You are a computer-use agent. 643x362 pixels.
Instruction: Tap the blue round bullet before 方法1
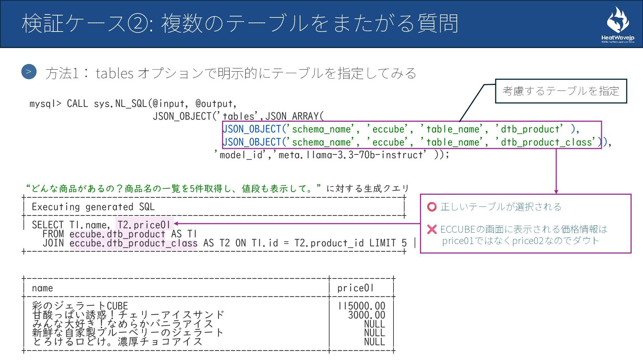(29, 72)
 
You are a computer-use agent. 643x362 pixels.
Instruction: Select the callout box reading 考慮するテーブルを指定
(561, 91)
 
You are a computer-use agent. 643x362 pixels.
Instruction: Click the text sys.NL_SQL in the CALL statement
(120, 104)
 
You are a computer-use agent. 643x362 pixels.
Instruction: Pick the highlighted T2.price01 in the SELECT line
(144, 225)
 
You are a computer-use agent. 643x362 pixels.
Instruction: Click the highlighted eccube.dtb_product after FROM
(117, 234)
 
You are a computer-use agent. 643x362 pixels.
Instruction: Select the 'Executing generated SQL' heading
(93, 207)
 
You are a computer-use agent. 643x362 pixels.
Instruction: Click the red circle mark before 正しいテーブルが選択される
(432, 207)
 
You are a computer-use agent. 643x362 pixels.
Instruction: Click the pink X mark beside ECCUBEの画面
(432, 229)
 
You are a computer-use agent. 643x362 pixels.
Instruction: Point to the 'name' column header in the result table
(43, 288)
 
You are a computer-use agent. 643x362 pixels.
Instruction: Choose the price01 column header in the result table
(355, 288)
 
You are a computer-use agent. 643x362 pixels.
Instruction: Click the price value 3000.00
(366, 315)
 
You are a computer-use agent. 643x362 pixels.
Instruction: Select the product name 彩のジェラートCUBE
(80, 306)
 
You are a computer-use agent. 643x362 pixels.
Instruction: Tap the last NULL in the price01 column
(374, 342)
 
